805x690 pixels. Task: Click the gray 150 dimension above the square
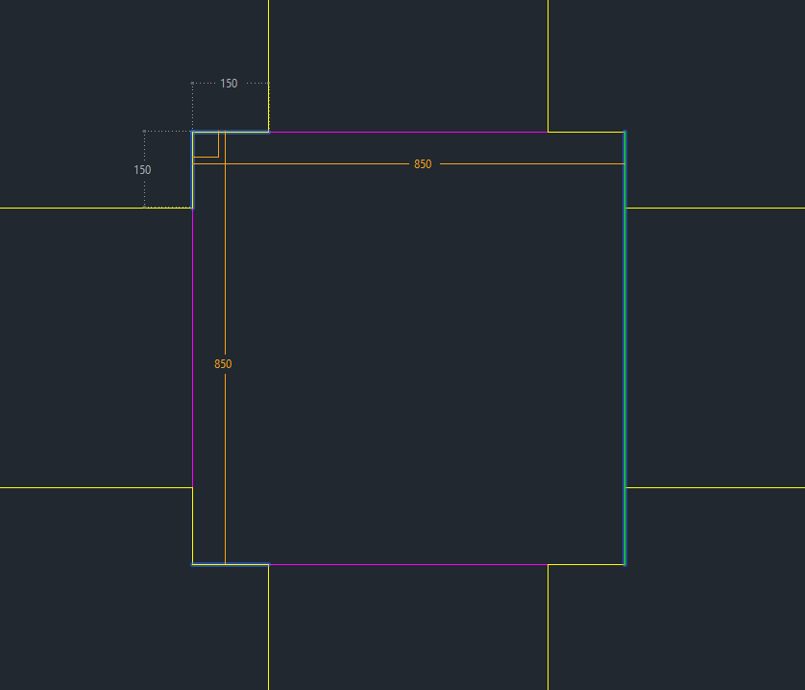click(229, 84)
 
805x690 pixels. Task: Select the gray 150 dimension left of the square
click(142, 170)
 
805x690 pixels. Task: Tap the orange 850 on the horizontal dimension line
click(423, 164)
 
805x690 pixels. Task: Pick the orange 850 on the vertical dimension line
click(223, 364)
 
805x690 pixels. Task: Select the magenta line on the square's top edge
click(408, 132)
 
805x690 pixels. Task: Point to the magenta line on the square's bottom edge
click(408, 565)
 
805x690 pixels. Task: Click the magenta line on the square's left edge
click(192, 348)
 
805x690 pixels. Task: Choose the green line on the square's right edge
click(624, 348)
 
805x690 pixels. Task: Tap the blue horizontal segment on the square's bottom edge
click(231, 565)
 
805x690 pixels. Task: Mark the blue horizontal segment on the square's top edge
click(231, 132)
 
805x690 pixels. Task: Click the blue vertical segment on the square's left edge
click(192, 170)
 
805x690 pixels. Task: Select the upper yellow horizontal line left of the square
click(96, 209)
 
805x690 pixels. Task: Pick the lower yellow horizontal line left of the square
click(96, 487)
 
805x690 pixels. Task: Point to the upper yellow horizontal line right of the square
click(716, 209)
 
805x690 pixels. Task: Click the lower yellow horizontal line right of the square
click(716, 487)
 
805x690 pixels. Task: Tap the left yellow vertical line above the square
click(269, 65)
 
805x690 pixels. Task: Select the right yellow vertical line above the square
click(548, 65)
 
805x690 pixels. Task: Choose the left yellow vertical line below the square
click(269, 628)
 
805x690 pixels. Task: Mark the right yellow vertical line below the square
click(548, 628)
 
